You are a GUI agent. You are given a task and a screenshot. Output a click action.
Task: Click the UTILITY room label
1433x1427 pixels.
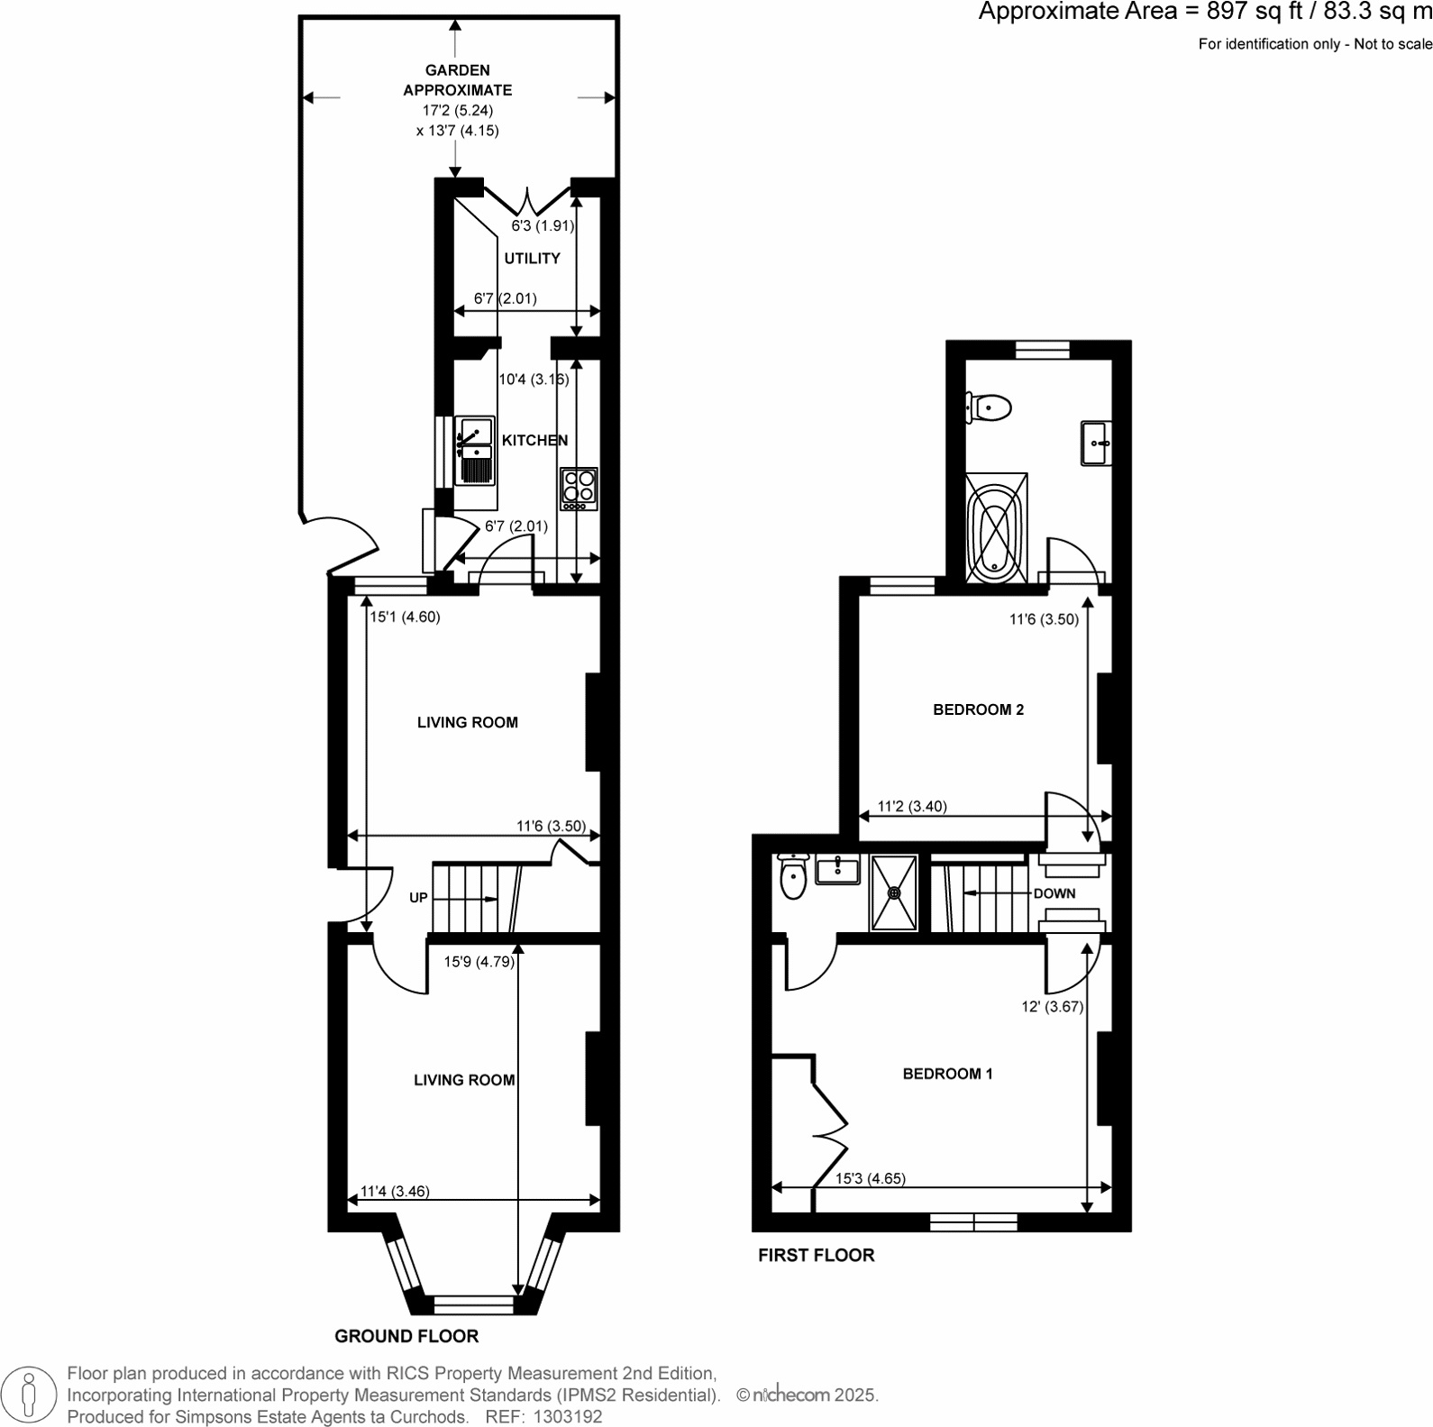532,259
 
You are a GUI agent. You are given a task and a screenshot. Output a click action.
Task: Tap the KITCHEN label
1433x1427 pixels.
534,441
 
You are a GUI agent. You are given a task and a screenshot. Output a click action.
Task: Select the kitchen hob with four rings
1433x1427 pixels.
579,489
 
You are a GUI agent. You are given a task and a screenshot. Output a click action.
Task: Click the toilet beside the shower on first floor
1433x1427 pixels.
793,878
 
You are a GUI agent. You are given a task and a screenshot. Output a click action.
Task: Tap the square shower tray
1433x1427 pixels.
893,892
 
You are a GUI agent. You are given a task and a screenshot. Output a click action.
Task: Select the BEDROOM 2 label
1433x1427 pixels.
978,710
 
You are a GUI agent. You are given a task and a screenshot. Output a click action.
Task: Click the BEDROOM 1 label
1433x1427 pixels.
947,1074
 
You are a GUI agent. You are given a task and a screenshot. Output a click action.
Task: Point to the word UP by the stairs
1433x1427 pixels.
418,898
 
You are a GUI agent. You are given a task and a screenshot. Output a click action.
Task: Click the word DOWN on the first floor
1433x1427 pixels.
1054,893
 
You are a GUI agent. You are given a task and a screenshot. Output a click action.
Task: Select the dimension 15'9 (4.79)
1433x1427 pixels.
479,962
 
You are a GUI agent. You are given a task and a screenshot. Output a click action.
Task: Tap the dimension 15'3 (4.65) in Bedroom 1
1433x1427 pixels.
870,1178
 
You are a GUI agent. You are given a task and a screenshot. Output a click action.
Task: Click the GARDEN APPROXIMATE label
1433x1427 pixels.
457,80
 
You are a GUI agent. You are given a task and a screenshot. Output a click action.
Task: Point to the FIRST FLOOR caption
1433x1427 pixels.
816,1255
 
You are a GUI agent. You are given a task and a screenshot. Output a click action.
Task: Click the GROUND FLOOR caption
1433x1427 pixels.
406,1336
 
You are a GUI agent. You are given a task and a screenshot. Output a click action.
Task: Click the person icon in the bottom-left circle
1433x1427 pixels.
29,1394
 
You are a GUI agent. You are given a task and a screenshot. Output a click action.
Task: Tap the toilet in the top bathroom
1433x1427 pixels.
990,407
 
